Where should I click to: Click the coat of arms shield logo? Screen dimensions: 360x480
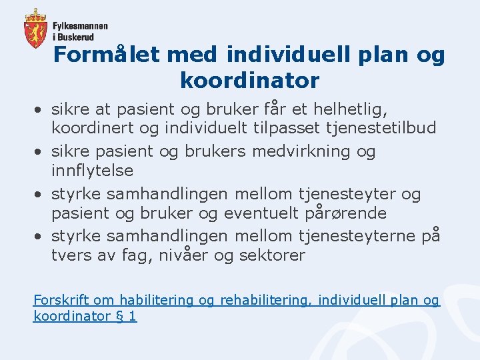tap(35, 29)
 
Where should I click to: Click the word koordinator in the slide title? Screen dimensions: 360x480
tap(249, 81)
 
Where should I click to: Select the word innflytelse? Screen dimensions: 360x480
tap(92, 171)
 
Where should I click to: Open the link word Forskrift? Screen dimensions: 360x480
tap(61, 301)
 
